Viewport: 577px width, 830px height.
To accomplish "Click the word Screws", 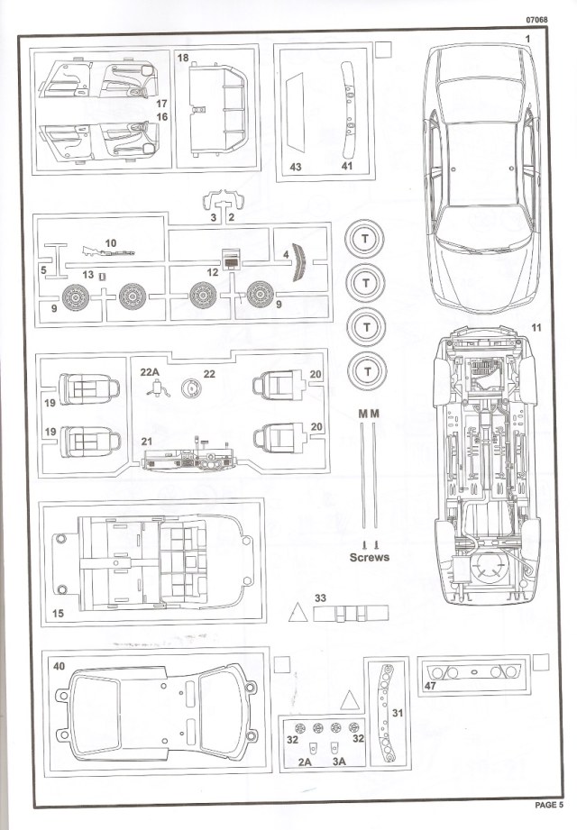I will coord(370,558).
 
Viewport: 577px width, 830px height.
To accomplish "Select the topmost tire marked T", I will coord(366,239).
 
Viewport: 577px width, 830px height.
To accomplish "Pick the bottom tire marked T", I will coord(366,369).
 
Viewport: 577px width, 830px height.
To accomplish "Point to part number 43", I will coord(295,167).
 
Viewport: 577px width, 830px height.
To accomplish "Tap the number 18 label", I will coord(183,58).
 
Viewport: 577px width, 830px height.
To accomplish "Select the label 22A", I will coord(149,371).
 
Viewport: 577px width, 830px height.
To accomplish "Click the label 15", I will coord(58,614).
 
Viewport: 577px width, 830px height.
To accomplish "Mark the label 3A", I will coord(339,762).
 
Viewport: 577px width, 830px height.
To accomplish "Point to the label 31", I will coord(397,714).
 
